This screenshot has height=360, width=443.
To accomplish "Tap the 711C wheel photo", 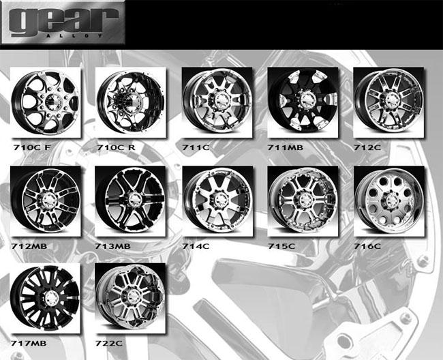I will [x=217, y=101].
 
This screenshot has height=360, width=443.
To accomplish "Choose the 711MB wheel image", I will [x=303, y=101].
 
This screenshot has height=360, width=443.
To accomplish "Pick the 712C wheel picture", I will [x=389, y=101].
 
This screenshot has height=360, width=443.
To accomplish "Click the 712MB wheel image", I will [x=46, y=199].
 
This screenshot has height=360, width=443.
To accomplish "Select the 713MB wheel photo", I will [x=129, y=199].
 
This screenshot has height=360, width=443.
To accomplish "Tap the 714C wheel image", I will [x=217, y=199].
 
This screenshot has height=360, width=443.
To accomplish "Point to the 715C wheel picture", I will [x=303, y=199].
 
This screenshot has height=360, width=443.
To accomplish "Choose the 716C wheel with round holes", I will [x=389, y=199].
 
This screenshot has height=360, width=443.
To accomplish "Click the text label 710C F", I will [x=32, y=147].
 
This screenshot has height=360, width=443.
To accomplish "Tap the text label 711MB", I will [x=286, y=147].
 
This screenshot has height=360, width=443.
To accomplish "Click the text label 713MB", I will [x=113, y=243].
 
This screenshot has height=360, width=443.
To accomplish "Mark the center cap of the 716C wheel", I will [x=388, y=199].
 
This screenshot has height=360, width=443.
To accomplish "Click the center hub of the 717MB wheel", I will [x=50, y=298].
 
